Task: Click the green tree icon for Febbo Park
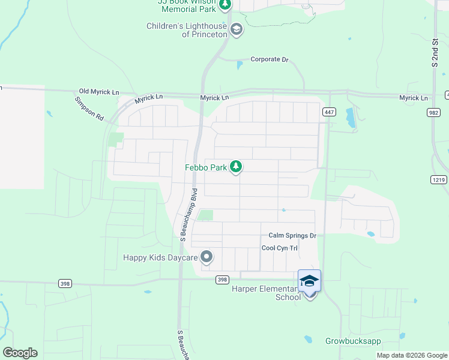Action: (237, 167)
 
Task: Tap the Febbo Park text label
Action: (205, 168)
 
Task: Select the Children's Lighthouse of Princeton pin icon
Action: (237, 29)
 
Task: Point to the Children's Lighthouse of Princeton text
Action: (187, 30)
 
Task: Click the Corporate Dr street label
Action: (270, 59)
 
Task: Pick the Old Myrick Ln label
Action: (99, 92)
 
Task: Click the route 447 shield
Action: (328, 112)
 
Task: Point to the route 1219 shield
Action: (439, 179)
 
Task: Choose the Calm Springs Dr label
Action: (292, 236)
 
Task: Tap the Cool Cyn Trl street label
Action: (280, 248)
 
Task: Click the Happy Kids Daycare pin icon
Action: (207, 257)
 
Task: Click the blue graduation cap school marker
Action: (309, 281)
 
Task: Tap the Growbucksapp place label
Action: (354, 341)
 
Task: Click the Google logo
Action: (20, 353)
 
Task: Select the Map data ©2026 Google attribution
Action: (411, 355)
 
